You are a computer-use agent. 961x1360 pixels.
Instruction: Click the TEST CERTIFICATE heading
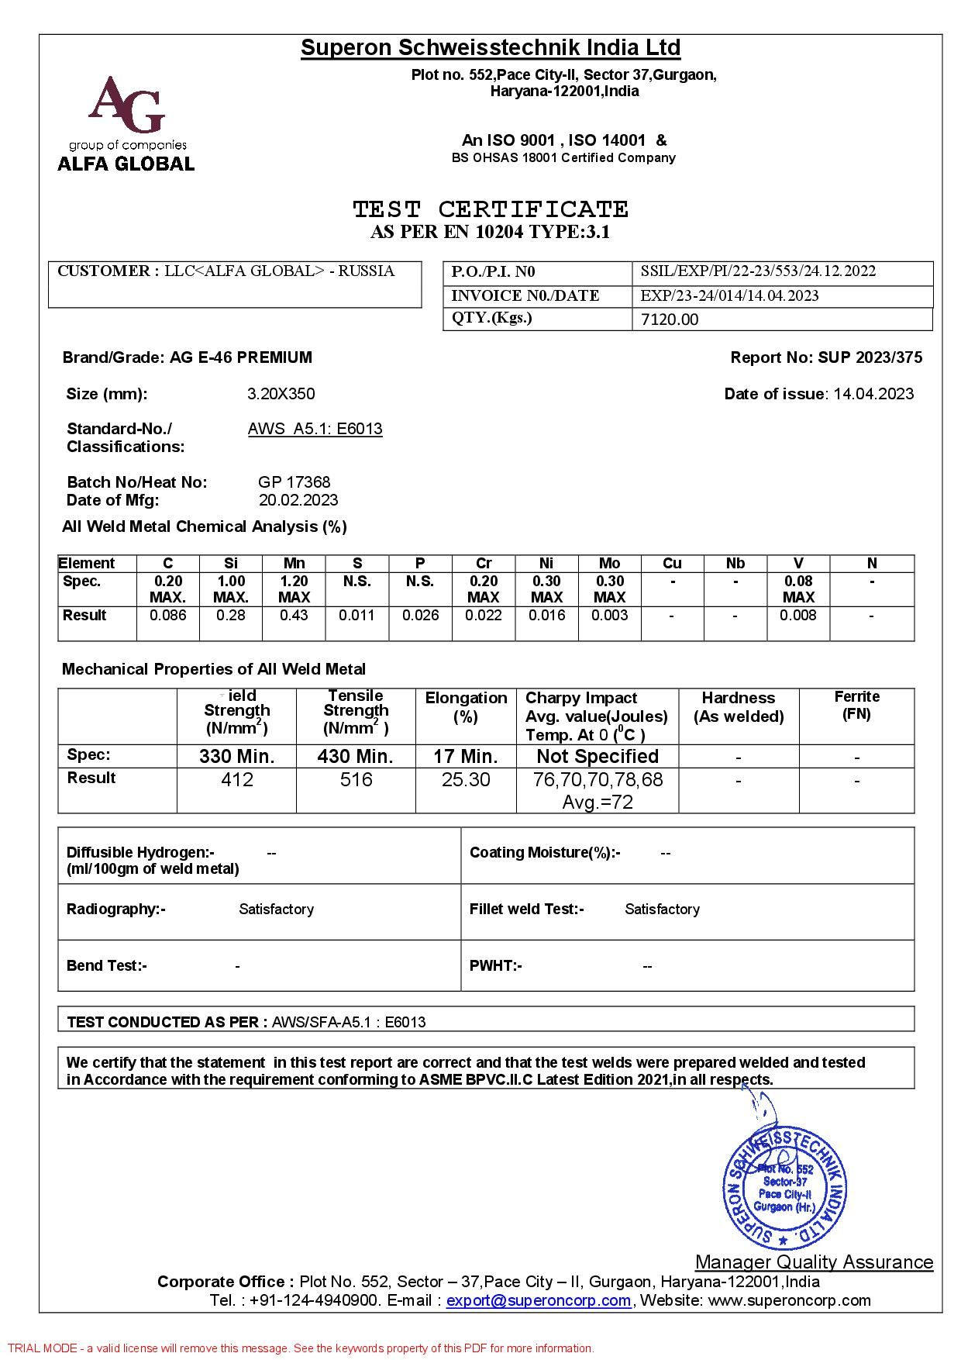tap(491, 209)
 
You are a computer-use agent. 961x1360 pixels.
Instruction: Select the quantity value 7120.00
tap(670, 319)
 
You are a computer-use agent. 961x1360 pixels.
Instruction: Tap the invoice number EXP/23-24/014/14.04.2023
tap(729, 295)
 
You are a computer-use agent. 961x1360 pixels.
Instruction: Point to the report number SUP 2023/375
tap(870, 357)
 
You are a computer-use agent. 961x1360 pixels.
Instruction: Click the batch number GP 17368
tap(294, 482)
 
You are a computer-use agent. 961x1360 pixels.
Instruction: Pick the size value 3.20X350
tap(281, 394)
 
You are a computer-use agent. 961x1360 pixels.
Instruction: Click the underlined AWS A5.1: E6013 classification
tap(315, 429)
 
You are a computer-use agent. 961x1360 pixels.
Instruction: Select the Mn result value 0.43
tap(294, 615)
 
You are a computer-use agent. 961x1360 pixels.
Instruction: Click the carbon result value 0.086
tap(167, 615)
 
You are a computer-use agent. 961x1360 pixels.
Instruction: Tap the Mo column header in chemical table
tap(609, 563)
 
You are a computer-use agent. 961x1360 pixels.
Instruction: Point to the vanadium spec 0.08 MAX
tap(798, 589)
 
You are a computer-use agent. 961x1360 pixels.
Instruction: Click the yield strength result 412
tap(237, 780)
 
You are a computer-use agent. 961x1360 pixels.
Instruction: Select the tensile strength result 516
tap(356, 780)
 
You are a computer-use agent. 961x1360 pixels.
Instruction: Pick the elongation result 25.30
tap(466, 780)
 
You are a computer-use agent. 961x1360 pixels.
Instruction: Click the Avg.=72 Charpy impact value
tap(598, 802)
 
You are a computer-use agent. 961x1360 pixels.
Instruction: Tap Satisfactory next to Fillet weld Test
tap(662, 909)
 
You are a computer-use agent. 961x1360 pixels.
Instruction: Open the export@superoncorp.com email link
tap(539, 1300)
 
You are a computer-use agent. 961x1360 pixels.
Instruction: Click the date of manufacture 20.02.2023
tap(298, 500)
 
